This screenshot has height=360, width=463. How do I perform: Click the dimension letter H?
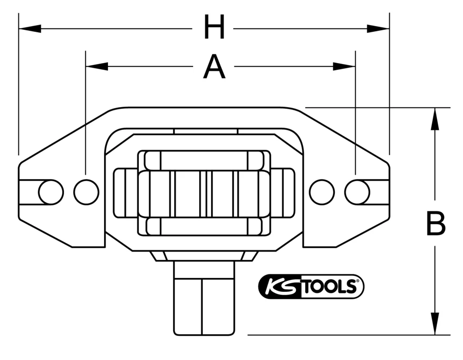pyautogui.click(x=214, y=28)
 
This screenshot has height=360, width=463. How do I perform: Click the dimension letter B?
pyautogui.click(x=436, y=223)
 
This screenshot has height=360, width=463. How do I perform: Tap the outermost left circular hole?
pyautogui.click(x=51, y=192)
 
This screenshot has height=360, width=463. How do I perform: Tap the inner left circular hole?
pyautogui.click(x=86, y=192)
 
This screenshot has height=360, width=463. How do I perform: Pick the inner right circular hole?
pyautogui.click(x=322, y=192)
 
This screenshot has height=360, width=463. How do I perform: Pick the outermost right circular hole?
pyautogui.click(x=357, y=192)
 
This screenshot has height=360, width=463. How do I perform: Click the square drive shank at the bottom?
pyautogui.click(x=204, y=301)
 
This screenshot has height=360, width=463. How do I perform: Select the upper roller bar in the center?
pyautogui.click(x=204, y=161)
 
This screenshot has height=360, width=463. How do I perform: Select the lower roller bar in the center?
pyautogui.click(x=204, y=226)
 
